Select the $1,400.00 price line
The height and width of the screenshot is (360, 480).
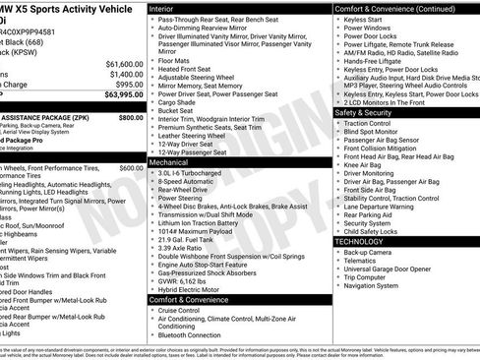pyautogui.click(x=117, y=74)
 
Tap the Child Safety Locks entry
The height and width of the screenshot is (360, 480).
pyautogui.click(x=379, y=231)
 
